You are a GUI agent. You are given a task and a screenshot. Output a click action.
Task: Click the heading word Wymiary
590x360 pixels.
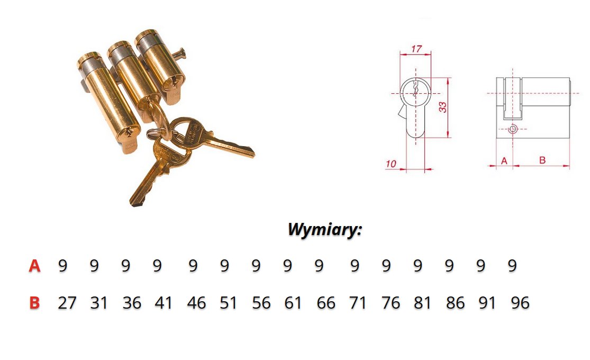tap(324, 229)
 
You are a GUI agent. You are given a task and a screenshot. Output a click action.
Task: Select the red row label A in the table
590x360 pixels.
tap(34, 266)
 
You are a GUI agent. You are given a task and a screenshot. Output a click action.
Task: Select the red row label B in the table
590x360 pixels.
tap(34, 303)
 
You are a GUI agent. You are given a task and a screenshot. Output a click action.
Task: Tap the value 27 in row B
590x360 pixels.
tap(67, 303)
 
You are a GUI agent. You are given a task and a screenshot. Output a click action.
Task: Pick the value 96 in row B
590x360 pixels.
tap(520, 303)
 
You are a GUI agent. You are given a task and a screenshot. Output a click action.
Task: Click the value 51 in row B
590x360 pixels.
tap(228, 303)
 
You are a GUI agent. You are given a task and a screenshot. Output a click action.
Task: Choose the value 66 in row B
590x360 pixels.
tap(326, 303)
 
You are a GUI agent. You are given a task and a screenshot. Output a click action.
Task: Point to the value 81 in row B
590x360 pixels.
tap(422, 303)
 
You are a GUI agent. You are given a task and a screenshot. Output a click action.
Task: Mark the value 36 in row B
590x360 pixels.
tap(132, 303)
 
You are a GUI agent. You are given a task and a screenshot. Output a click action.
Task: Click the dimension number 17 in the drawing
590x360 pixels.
tap(416, 49)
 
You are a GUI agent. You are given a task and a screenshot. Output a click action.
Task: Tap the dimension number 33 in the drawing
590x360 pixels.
tap(443, 107)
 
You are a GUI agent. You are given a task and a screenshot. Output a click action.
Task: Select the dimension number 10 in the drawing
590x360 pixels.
tap(391, 164)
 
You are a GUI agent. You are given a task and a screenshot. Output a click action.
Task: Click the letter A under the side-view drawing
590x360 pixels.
tap(504, 161)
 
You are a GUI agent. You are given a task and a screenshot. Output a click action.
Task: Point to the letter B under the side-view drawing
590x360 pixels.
tap(542, 160)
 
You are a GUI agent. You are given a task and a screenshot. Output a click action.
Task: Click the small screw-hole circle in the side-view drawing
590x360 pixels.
tap(513, 129)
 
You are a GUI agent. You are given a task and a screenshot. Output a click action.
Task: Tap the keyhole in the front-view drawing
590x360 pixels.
tap(415, 88)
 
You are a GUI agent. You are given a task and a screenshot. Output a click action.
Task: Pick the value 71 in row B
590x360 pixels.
tap(358, 303)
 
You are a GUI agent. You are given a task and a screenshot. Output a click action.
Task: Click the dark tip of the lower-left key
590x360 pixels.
tap(135, 204)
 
